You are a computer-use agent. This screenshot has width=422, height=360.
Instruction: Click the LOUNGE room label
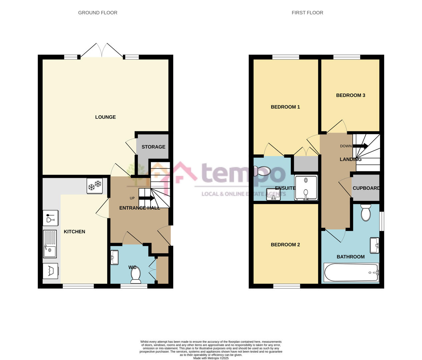click(105, 117)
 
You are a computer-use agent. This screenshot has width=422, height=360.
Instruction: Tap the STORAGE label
click(153, 147)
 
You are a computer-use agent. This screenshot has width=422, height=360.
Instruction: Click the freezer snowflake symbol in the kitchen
click(94, 185)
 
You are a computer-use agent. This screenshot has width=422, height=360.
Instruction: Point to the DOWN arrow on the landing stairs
click(360, 146)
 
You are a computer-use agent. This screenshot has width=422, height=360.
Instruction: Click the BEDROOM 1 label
click(285, 107)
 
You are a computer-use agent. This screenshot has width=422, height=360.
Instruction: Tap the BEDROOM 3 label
click(351, 95)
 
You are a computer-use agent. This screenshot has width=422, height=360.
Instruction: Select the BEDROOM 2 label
click(285, 245)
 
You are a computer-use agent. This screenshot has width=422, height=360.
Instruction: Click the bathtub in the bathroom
click(351, 273)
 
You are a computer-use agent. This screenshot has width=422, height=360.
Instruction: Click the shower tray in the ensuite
click(306, 188)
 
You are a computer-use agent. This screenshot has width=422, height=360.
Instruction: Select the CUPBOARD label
click(366, 188)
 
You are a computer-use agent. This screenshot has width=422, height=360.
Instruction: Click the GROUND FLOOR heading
click(98, 13)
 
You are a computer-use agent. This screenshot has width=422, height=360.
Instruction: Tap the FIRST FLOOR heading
click(307, 13)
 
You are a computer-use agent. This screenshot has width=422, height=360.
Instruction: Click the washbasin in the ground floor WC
click(114, 258)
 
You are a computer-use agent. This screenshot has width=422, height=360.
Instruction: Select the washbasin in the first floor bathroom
click(375, 245)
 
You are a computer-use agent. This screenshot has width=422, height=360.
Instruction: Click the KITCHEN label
click(74, 232)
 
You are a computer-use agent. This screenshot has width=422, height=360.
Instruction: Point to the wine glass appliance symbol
click(50, 218)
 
